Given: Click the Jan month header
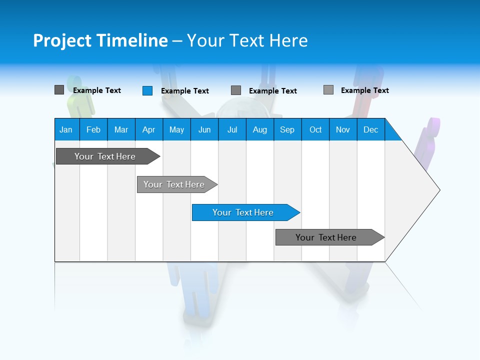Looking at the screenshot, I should (x=66, y=129).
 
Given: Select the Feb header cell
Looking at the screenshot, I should (x=93, y=129).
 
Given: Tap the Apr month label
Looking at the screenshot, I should (x=149, y=129).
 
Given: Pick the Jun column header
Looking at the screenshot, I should (x=204, y=129).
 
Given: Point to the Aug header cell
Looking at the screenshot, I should (x=260, y=129).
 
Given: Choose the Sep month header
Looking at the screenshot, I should (x=287, y=129).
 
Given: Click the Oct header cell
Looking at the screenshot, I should (x=315, y=129).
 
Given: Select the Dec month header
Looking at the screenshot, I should (x=371, y=129).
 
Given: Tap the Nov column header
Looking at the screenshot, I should (x=343, y=129).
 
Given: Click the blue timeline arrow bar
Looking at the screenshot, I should (x=245, y=212).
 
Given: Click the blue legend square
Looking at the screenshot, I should (x=147, y=90).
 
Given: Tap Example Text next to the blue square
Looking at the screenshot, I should (x=184, y=91).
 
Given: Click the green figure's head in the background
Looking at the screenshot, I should (x=74, y=82).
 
